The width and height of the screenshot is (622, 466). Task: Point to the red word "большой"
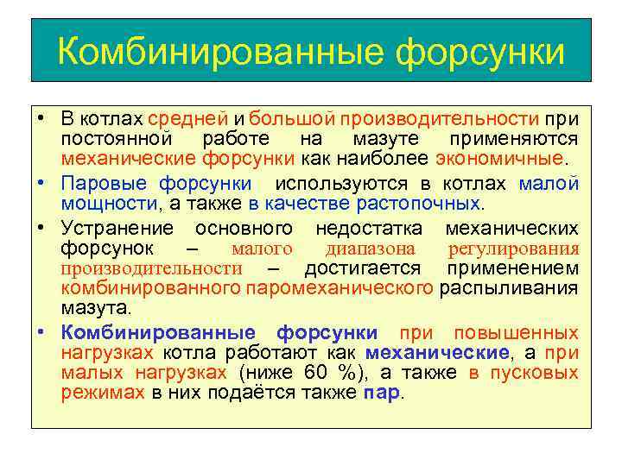coord(292,118)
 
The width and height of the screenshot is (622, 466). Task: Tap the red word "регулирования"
coord(514,249)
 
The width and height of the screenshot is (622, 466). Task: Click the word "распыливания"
coord(509,287)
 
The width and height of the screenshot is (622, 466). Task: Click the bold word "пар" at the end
coord(381,394)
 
